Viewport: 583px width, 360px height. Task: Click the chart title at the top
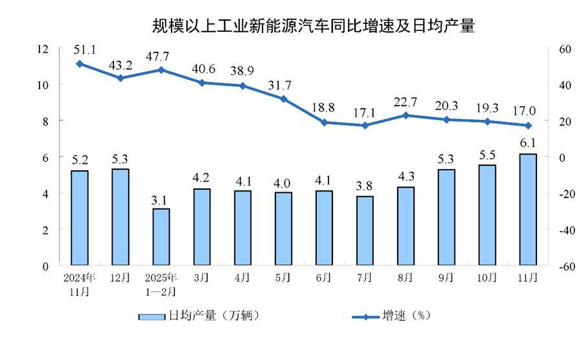pos(313,27)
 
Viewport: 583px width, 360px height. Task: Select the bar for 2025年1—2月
pos(161,236)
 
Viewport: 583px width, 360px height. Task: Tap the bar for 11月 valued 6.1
pos(528,209)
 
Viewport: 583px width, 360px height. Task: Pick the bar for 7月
pos(365,231)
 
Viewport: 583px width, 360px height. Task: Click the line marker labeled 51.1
pos(79,63)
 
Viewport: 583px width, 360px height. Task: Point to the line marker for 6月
pos(324,122)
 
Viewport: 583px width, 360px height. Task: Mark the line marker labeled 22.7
pos(406,115)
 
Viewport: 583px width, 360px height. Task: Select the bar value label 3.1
pos(161,199)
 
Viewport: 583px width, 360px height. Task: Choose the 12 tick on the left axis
pos(43,49)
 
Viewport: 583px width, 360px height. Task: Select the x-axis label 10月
pos(487,278)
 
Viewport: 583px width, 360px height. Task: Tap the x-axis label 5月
pos(283,278)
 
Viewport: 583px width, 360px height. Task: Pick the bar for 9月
pos(446,217)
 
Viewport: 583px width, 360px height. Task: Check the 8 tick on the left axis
pos(46,121)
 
